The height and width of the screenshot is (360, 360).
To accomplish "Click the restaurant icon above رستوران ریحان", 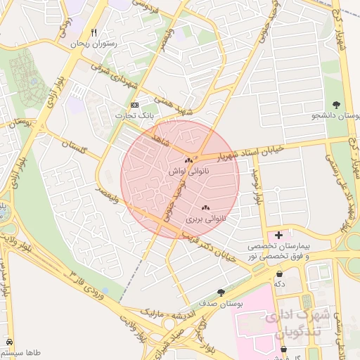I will tap(94, 32).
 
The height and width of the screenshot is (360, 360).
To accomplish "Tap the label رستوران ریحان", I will tap(93, 44).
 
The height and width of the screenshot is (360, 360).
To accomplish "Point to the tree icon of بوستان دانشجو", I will tap(337, 105).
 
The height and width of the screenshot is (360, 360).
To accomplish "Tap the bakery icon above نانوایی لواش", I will tap(188, 160).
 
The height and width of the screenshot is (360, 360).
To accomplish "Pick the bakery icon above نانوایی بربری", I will tap(205, 208).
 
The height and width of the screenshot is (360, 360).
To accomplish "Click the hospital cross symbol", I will tap(279, 235).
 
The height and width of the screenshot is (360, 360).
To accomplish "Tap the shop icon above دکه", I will tap(280, 274).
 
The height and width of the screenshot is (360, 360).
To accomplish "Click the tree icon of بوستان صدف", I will tap(222, 292).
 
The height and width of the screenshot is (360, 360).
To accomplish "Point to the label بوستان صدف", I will tap(221, 303).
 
